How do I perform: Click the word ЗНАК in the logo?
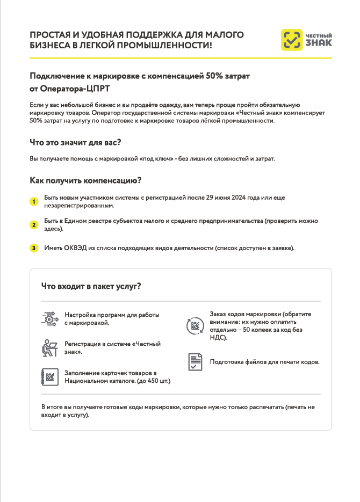coord(319,43)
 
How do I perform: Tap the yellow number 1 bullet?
coord(33,202)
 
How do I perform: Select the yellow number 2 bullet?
coord(33,225)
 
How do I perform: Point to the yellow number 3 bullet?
coord(33,248)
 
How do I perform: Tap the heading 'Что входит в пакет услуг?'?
coord(91,286)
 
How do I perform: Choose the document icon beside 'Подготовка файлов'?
coord(195,362)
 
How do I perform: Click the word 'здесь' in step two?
coord(53,229)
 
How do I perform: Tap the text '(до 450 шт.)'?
coord(154,381)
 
